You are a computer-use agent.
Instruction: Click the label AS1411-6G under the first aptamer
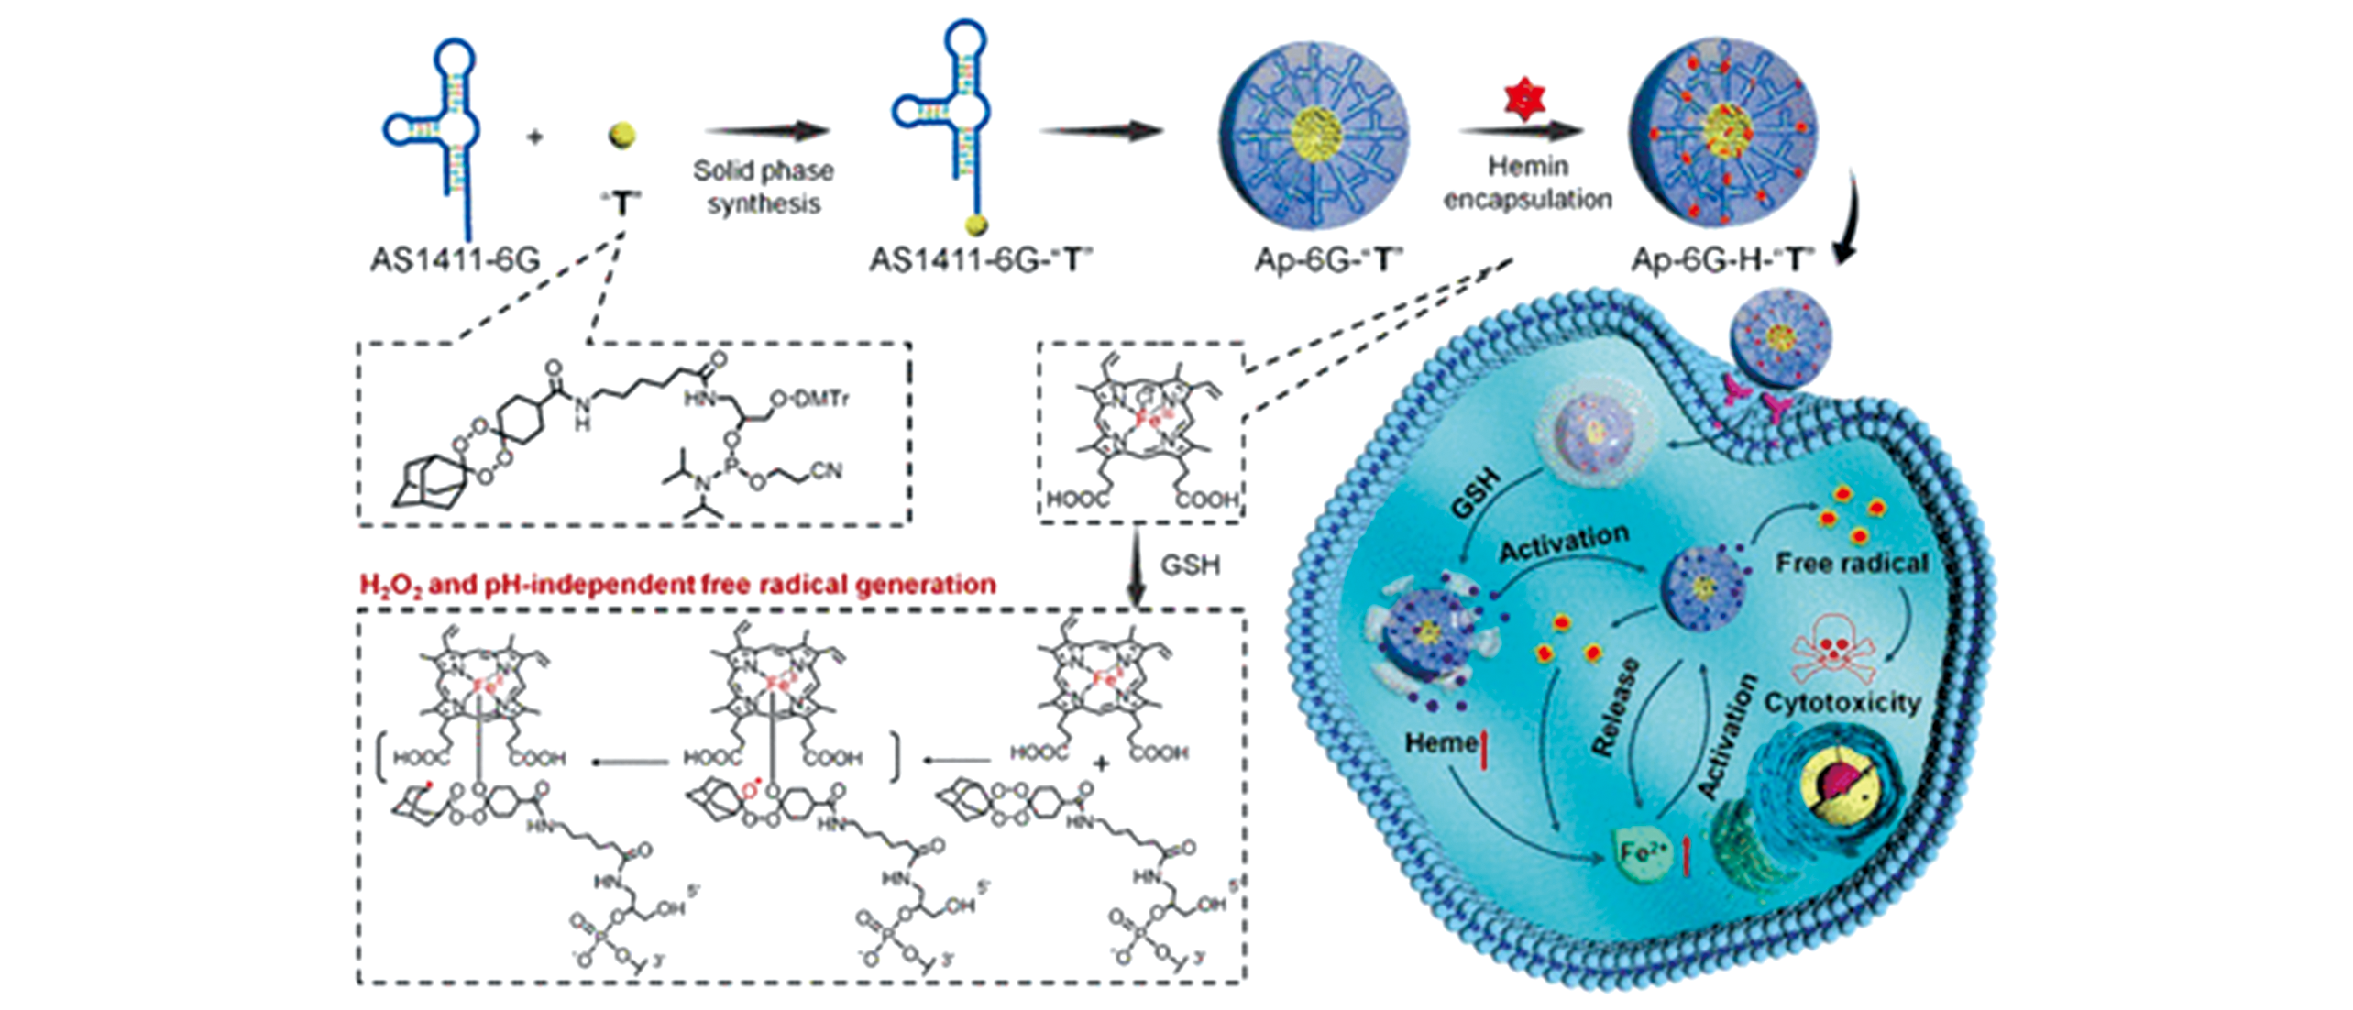coord(455,260)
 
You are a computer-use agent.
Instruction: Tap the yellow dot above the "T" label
coord(622,136)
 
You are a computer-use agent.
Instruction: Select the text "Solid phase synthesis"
coord(763,186)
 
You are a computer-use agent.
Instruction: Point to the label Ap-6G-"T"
coord(1329,260)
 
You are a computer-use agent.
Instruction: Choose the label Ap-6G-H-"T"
coord(1722,260)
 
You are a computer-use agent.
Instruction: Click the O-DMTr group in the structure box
coord(809,399)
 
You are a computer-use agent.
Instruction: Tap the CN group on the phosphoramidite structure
coord(826,471)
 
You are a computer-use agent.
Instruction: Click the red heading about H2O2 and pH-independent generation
coord(677,585)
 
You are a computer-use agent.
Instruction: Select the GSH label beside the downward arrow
coord(1190,565)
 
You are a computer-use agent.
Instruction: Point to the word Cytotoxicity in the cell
coord(1842,703)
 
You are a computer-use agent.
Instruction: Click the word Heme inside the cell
coord(1440,742)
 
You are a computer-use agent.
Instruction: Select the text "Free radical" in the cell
coord(1852,562)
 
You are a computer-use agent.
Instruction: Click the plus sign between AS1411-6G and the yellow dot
coord(534,137)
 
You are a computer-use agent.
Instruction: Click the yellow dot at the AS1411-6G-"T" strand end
coord(977,225)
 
